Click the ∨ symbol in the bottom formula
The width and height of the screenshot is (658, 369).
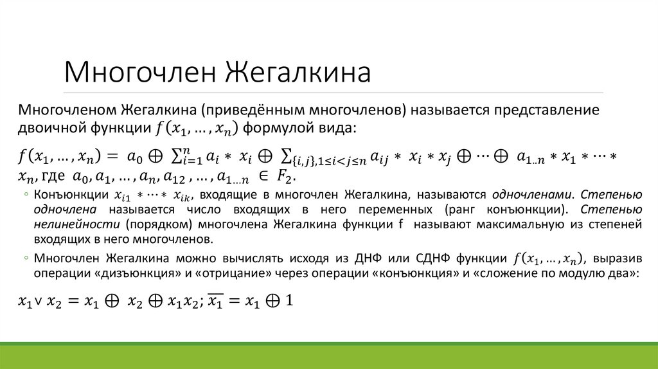[x=39, y=301]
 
